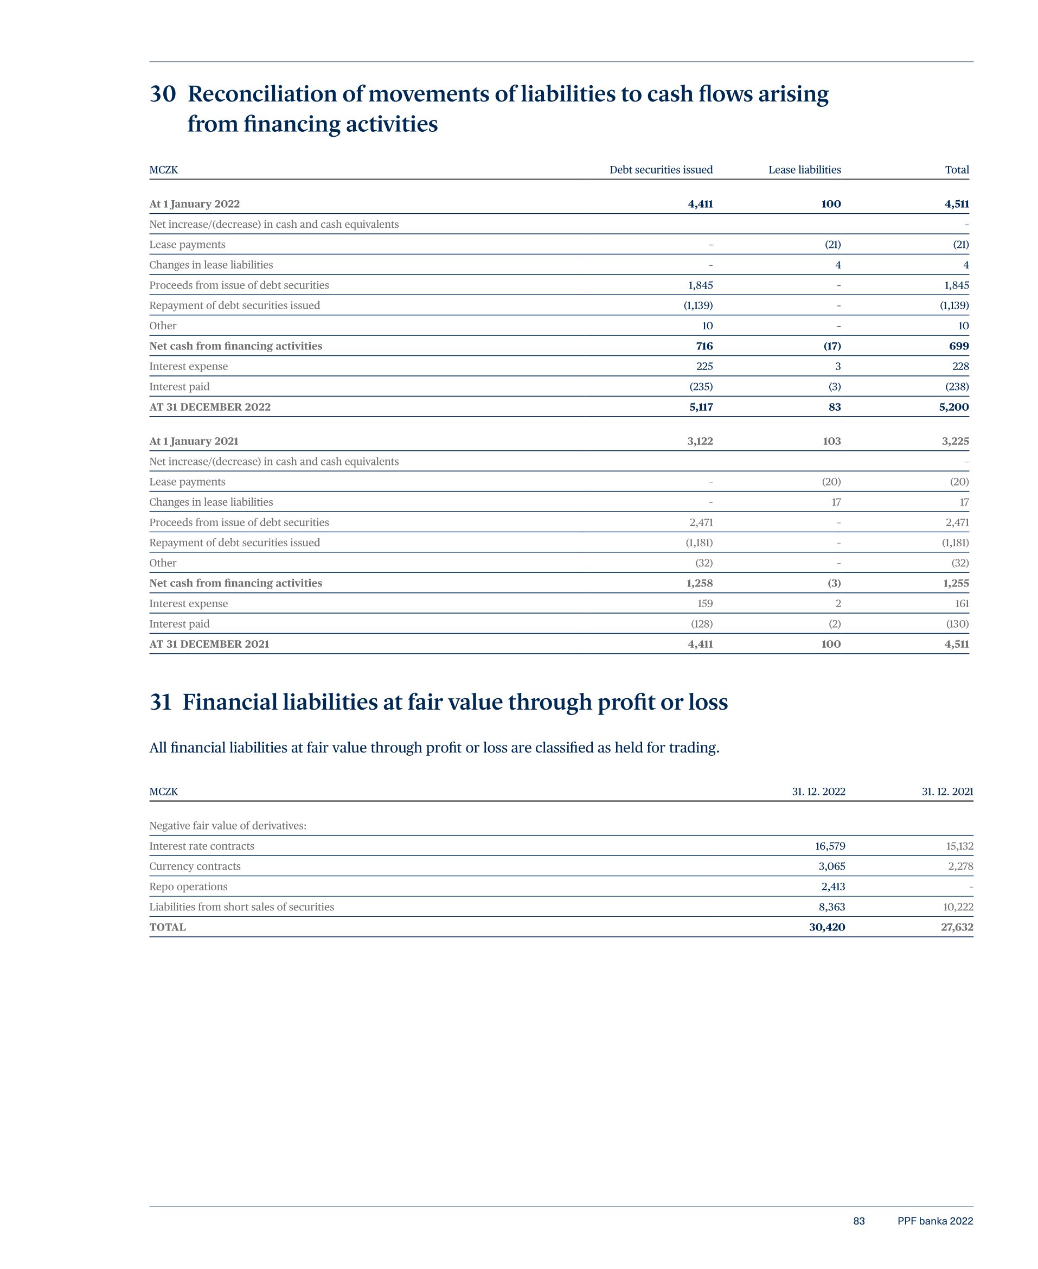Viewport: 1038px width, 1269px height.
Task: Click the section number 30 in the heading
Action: pos(163,94)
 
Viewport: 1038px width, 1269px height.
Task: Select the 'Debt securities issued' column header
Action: pos(661,170)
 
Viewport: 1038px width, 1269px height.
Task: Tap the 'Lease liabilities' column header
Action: pos(804,170)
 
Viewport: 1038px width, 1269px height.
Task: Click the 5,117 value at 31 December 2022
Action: pos(701,407)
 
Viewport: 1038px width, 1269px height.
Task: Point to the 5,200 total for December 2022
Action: pos(954,407)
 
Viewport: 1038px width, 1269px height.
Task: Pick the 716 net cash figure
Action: pos(704,346)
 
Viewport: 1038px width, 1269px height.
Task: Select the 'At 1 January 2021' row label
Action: pos(194,441)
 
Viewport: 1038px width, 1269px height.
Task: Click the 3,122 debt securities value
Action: pos(700,441)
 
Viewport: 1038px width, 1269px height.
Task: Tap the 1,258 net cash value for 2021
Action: pos(700,583)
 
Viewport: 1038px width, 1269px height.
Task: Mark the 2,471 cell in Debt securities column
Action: pos(701,522)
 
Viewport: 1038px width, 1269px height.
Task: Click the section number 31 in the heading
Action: pos(160,702)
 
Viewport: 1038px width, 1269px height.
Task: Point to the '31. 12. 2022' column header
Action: pos(818,792)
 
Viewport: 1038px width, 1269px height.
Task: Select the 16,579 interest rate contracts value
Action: pos(830,846)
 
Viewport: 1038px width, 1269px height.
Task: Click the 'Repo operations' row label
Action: pos(188,887)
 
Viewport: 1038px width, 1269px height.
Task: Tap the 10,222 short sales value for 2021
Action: pos(958,907)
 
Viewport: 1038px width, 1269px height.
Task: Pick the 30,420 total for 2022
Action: pos(827,928)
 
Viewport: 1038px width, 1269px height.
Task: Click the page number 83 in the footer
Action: pos(858,1221)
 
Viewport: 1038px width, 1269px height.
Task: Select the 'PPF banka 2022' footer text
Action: pos(935,1221)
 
